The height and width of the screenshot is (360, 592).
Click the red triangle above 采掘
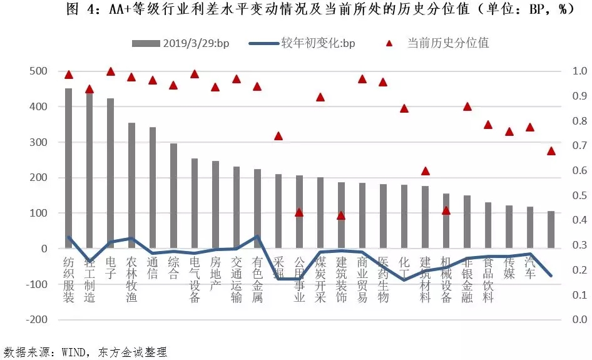[x=278, y=136]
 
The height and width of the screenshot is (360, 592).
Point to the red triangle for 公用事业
[x=299, y=213]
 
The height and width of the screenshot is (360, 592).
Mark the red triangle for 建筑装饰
[x=341, y=215]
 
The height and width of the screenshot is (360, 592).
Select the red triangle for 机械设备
[x=446, y=210]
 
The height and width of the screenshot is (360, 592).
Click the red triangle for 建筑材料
[x=426, y=171]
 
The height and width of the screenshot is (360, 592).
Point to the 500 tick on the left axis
[x=39, y=71]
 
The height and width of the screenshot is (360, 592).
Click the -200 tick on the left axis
[x=36, y=319]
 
